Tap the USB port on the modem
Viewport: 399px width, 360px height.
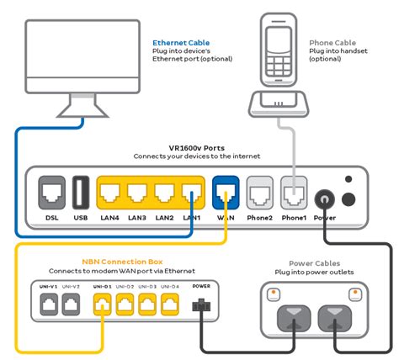tap(81, 194)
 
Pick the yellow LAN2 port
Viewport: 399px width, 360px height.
tap(166, 194)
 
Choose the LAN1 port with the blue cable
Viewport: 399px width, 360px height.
tap(192, 194)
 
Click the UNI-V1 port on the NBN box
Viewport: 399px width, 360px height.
tap(47, 304)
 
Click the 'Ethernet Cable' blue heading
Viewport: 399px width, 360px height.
tap(181, 42)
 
